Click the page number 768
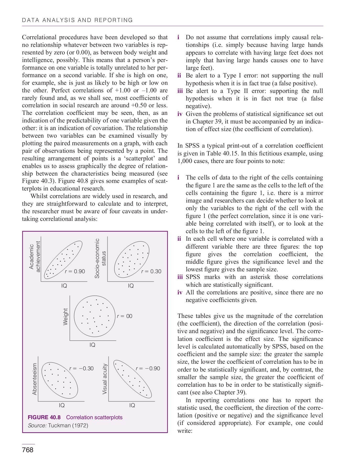click(x=28, y=450)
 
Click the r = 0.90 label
click(x=75, y=271)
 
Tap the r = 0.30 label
click(x=151, y=271)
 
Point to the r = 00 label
click(x=125, y=316)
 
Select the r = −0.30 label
click(x=81, y=368)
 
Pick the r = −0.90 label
click(x=148, y=368)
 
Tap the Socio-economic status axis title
click(x=100, y=258)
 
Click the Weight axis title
click(x=65, y=317)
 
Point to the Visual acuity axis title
click(x=105, y=379)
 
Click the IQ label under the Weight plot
click(x=92, y=345)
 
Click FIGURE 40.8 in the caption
click(x=44, y=417)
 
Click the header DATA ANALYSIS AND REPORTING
click(x=77, y=20)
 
